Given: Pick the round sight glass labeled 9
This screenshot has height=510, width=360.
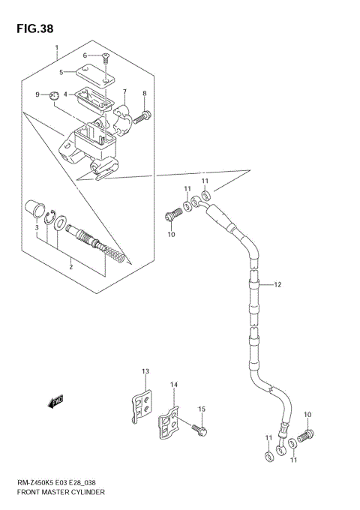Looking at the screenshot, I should [53, 95].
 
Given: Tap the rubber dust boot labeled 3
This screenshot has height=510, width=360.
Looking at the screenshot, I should [33, 208].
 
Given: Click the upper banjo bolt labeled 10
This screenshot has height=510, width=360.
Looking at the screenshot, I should [171, 216].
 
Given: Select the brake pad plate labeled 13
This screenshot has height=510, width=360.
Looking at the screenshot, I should [141, 406].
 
